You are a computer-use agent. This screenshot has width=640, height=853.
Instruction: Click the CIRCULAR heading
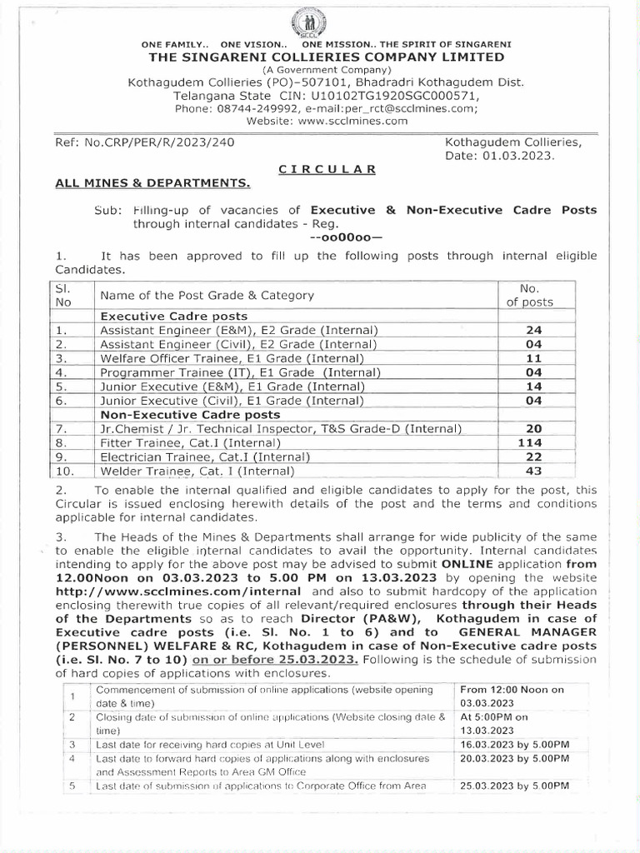coord(327,168)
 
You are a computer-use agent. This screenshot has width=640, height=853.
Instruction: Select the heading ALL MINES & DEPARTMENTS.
coord(152,182)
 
